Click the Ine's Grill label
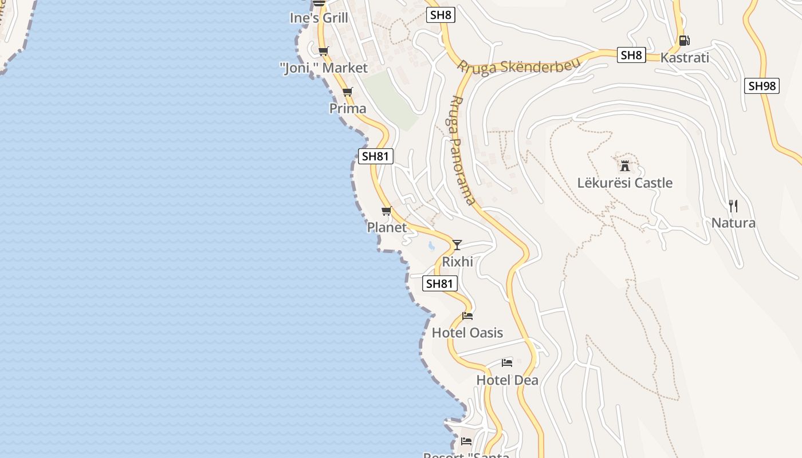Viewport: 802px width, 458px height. point(319,18)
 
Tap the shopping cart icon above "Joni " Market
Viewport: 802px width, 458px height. point(323,52)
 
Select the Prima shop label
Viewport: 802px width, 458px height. point(348,108)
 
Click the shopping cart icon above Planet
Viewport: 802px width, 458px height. point(387,211)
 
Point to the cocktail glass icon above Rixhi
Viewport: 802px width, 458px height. point(457,245)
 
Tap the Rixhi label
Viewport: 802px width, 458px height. point(458,262)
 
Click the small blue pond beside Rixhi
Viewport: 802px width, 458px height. point(431,246)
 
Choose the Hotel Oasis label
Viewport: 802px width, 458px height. point(467,333)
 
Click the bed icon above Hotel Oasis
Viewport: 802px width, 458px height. point(467,316)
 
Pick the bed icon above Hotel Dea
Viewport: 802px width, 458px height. point(507,362)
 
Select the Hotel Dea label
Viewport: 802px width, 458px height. point(508,380)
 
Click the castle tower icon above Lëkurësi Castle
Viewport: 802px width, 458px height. point(625,166)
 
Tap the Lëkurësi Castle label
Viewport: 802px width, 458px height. point(625,183)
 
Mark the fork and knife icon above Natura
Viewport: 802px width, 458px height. point(733,206)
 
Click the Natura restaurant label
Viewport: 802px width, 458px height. point(733,223)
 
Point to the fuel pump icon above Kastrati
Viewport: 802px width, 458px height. point(684,41)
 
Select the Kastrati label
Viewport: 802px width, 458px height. point(685,58)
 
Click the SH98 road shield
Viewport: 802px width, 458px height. point(762,86)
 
